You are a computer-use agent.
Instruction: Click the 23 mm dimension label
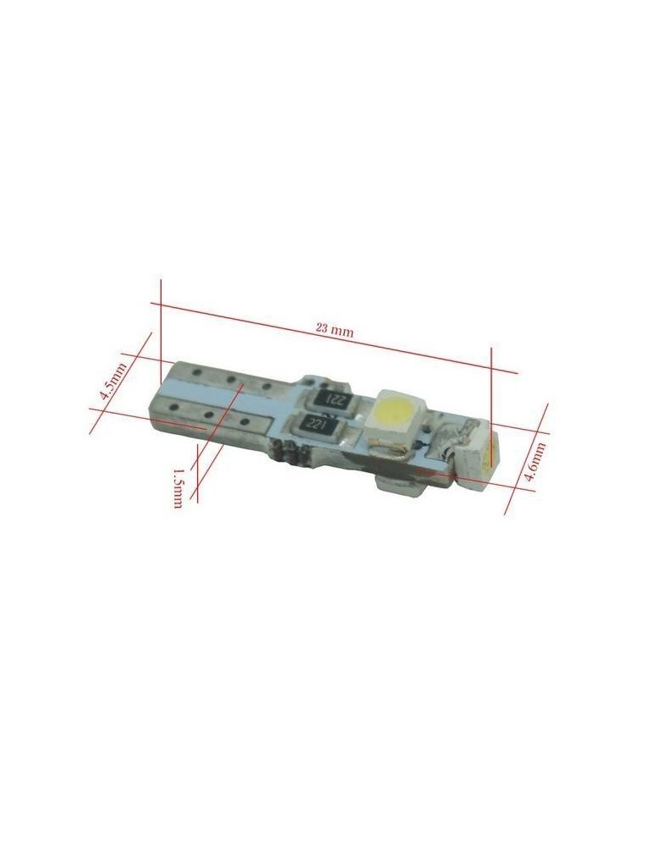click(x=334, y=330)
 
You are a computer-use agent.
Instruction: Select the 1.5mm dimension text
click(x=178, y=488)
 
